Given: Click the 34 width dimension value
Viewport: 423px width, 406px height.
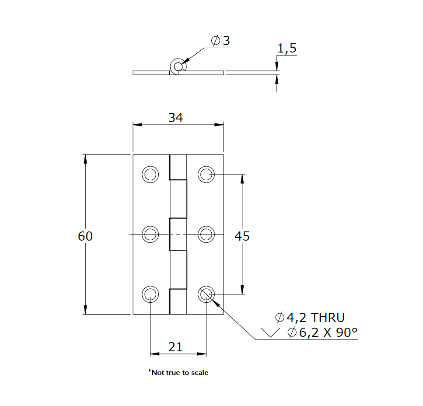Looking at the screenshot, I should point(175,117).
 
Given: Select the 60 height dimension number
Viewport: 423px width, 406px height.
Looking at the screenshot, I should point(85,236).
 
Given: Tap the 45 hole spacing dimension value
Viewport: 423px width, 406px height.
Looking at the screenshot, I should point(242,236).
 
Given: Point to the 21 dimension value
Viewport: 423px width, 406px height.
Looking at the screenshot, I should point(175,347).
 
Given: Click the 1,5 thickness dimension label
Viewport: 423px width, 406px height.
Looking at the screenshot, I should point(287,49).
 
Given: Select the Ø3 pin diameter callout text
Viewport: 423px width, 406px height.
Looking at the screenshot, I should point(220,41).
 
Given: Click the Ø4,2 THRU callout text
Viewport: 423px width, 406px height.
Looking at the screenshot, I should point(310,317).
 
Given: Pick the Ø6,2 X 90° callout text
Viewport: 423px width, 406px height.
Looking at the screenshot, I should point(322,332).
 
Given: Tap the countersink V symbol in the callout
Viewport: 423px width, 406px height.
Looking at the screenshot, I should point(269,332).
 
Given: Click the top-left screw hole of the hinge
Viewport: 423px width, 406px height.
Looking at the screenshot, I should point(150,174).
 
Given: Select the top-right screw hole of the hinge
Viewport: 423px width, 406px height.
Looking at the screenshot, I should point(206,174).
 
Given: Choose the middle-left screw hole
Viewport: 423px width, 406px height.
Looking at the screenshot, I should point(150,234).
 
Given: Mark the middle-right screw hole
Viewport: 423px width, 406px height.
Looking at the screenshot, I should point(206,234).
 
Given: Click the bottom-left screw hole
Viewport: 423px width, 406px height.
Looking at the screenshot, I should point(150,294).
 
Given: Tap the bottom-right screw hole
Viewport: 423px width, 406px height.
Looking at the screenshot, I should point(206,294).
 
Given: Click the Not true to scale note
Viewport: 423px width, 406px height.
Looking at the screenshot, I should point(178,373).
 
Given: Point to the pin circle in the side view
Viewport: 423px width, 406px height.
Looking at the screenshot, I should point(178,66).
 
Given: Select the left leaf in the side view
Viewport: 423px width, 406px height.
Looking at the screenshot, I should point(151,72).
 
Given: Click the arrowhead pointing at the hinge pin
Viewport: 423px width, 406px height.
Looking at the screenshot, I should point(185,61).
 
